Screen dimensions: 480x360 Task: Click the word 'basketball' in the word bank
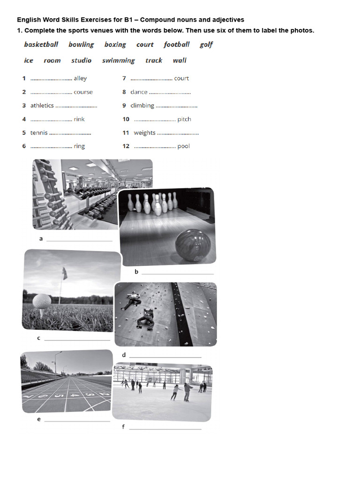click(x=41, y=45)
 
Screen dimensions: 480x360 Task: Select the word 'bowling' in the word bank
click(x=81, y=45)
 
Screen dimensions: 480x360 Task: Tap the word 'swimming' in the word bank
click(x=118, y=60)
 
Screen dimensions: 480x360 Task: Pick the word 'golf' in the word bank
click(x=206, y=45)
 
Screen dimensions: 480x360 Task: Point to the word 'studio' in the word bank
click(x=81, y=60)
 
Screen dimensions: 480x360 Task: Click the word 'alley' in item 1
click(x=80, y=79)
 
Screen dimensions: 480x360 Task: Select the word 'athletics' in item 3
click(x=42, y=105)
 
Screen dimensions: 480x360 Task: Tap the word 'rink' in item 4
click(x=79, y=119)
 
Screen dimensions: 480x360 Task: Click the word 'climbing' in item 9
click(x=142, y=105)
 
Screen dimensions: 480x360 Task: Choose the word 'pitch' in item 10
click(x=184, y=119)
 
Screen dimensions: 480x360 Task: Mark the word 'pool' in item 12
click(x=184, y=146)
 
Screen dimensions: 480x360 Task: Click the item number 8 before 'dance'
click(x=124, y=92)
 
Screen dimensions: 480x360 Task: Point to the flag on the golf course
click(x=64, y=273)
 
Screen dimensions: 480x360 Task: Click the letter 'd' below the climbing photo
click(x=124, y=355)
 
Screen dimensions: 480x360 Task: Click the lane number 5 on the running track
click(x=59, y=395)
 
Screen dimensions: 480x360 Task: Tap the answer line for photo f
click(x=165, y=428)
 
